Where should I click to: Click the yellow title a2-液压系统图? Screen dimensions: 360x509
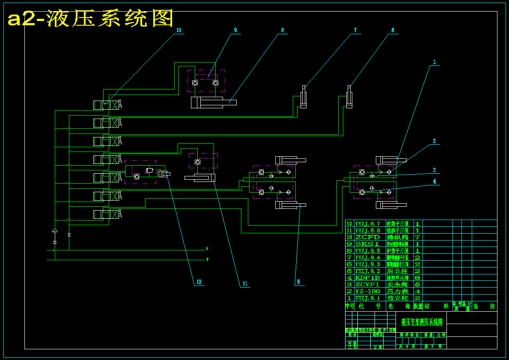[91, 18]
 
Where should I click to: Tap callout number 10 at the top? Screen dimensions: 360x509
[179, 30]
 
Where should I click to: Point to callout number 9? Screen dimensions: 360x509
[235, 30]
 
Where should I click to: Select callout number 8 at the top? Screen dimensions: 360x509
[283, 30]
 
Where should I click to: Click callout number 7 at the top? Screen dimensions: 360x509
[355, 30]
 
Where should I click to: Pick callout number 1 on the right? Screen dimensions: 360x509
[434, 62]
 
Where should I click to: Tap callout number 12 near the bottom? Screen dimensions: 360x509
[199, 282]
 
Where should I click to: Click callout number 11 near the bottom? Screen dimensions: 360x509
[245, 283]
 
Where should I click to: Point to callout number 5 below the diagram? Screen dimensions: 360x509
[298, 282]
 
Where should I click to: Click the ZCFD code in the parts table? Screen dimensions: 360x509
[367, 237]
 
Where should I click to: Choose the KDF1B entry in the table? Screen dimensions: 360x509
[367, 278]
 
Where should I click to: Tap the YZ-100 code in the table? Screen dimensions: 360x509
[367, 292]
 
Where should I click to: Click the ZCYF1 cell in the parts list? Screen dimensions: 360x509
[367, 285]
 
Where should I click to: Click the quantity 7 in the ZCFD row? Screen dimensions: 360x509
[417, 237]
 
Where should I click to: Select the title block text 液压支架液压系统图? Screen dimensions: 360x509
[421, 322]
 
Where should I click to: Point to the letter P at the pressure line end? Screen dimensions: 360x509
[208, 259]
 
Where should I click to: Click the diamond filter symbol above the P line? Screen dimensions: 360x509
[54, 231]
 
